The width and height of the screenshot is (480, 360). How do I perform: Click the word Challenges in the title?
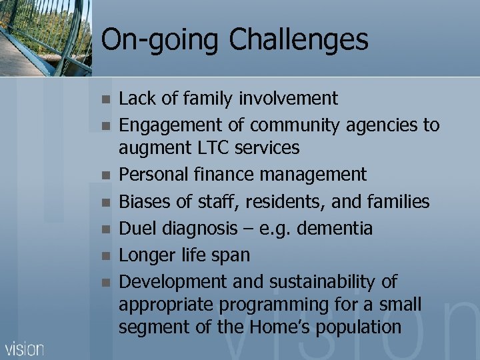[299, 40]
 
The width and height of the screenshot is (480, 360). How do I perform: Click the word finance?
[224, 175]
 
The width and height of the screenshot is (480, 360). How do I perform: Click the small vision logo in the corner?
[25, 349]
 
